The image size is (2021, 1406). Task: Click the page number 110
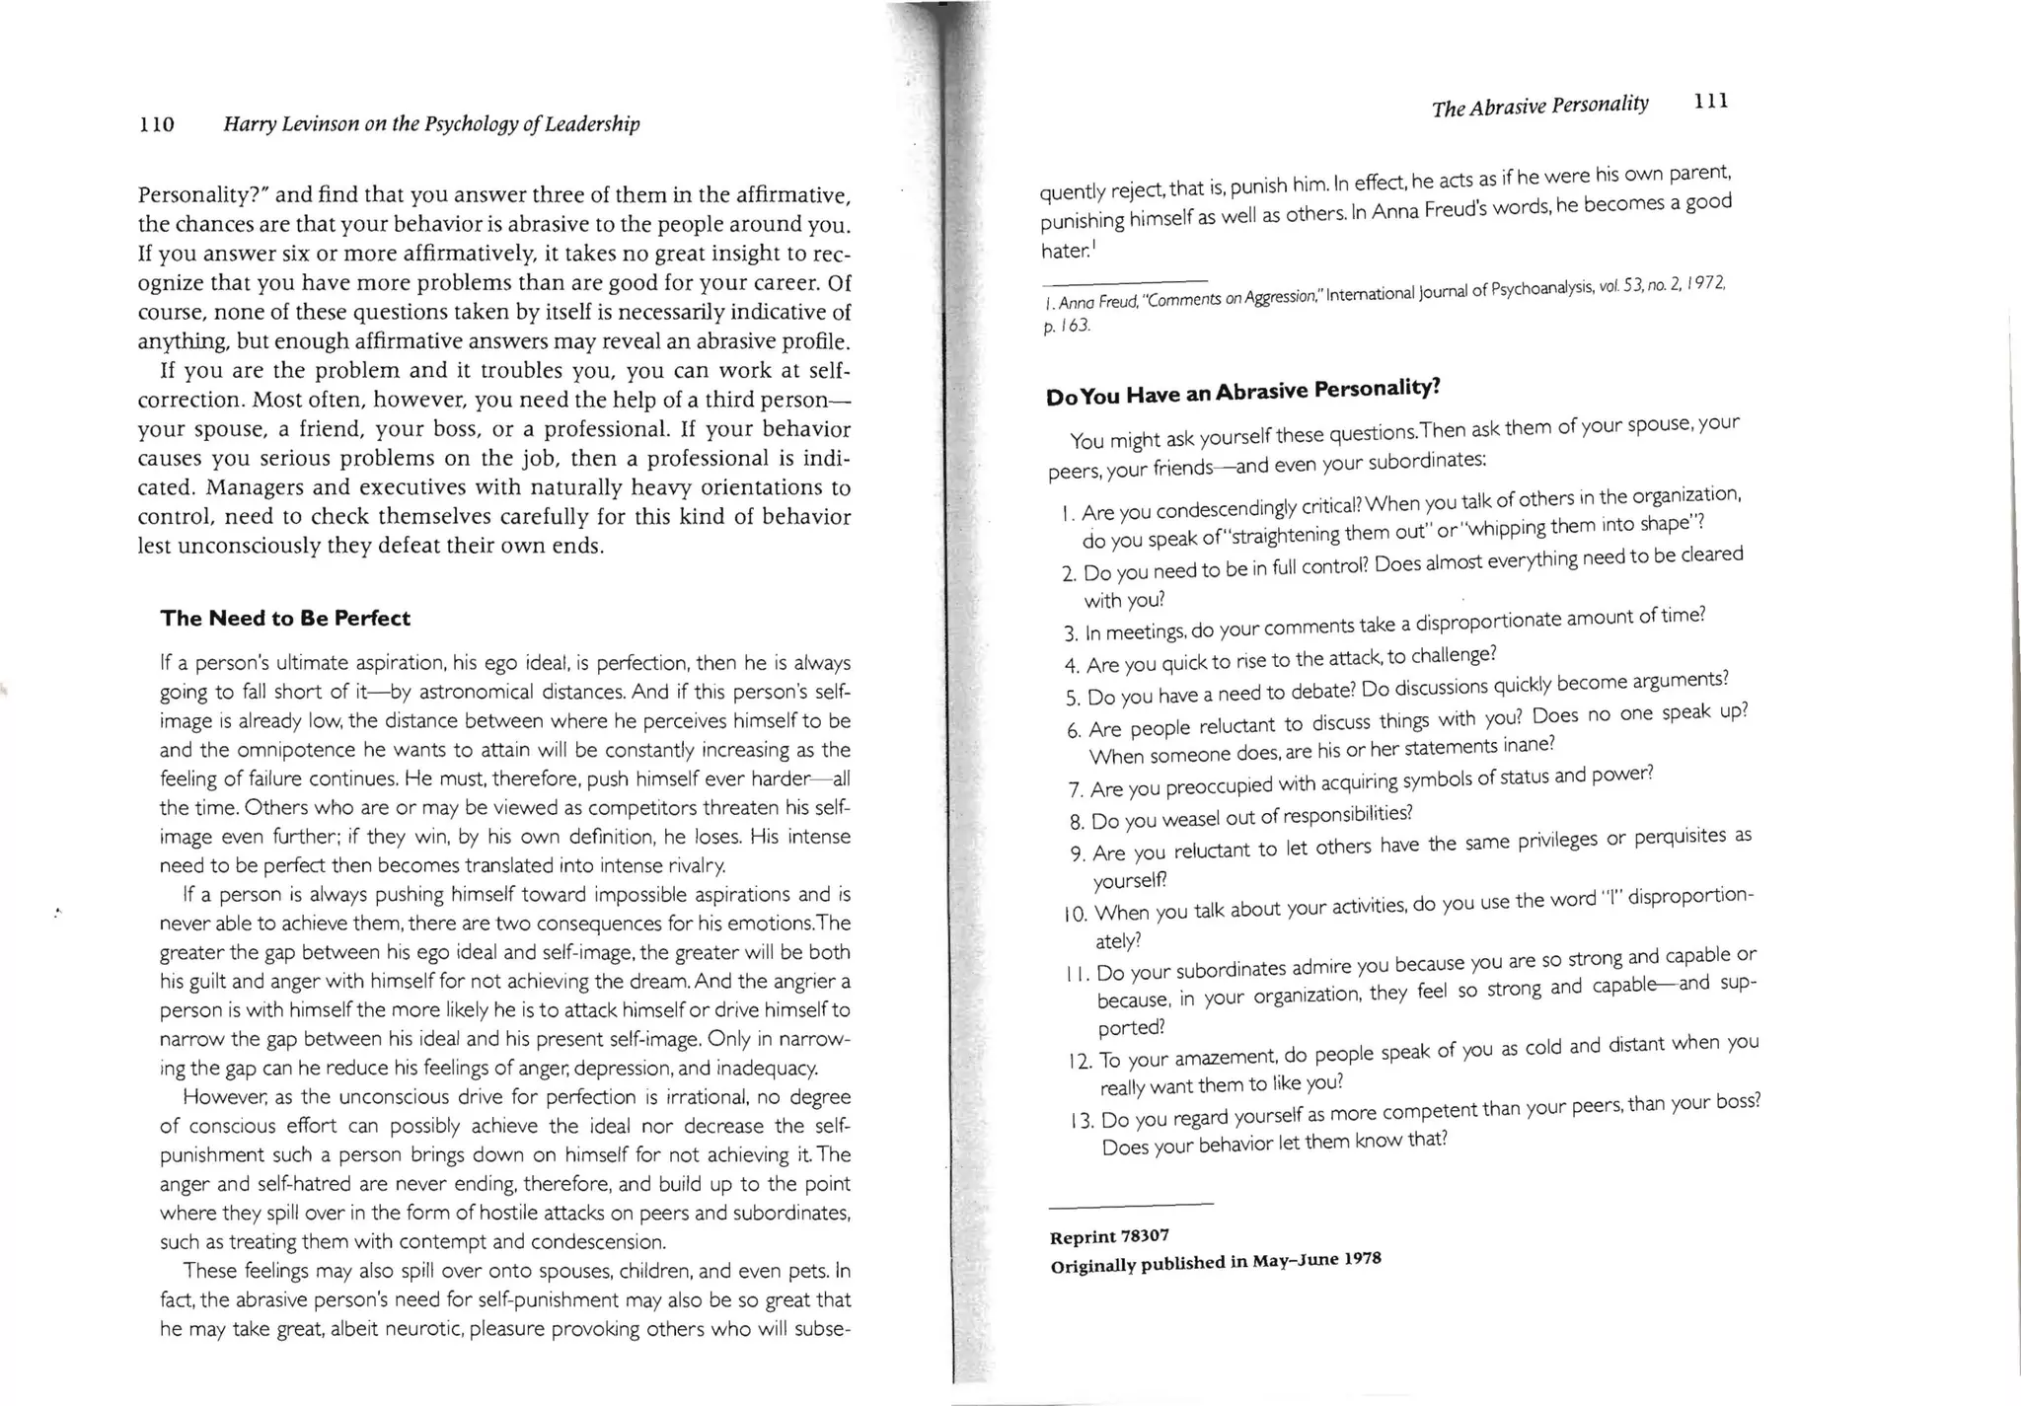[156, 124]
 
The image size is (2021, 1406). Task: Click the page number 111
[1710, 101]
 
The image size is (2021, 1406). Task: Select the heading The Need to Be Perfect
[285, 619]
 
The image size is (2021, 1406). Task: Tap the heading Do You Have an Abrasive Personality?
[1242, 392]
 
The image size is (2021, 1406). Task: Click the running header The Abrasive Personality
[1539, 106]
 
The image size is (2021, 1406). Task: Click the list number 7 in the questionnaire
[1076, 790]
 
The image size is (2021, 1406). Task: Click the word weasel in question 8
[1190, 819]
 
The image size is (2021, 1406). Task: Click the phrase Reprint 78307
[1109, 1237]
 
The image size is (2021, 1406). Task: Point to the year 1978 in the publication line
[1362, 1259]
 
